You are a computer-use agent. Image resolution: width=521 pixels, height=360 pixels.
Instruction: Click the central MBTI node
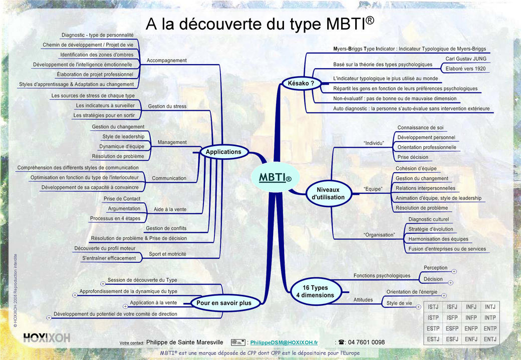tap(275, 177)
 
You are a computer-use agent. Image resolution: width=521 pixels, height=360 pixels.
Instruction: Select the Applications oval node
tap(223, 152)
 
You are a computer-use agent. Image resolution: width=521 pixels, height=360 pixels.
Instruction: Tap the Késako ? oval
tap(301, 83)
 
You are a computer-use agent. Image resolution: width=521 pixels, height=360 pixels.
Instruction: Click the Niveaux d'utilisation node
tap(328, 193)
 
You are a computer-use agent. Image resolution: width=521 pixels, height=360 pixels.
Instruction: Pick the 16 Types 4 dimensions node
tap(315, 291)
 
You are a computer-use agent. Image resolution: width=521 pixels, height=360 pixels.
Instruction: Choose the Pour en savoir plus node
tap(224, 302)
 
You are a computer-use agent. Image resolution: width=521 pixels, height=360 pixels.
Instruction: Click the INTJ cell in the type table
tap(490, 307)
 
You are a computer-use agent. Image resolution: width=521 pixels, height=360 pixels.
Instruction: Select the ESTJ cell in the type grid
tap(433, 339)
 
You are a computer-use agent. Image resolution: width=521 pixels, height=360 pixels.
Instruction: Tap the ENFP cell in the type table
tap(471, 328)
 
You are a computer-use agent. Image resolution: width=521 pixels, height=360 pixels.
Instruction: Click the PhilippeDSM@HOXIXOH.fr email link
tap(284, 342)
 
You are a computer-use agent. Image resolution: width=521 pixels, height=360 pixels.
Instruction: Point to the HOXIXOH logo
tap(47, 338)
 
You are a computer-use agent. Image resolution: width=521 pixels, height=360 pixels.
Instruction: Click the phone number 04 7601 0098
tap(366, 342)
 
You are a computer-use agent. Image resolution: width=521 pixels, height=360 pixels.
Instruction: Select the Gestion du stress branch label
tap(167, 106)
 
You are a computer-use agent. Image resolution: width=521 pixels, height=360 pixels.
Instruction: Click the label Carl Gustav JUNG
tap(466, 59)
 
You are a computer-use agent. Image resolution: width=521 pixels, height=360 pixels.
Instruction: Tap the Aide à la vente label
tap(170, 209)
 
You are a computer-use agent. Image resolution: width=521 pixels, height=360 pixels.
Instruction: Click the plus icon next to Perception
tap(454, 271)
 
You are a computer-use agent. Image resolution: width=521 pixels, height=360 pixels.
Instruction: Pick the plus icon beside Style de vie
tap(419, 306)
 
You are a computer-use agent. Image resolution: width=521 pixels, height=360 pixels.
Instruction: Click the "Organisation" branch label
tap(379, 235)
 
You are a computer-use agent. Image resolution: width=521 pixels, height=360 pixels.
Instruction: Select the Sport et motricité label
tap(167, 254)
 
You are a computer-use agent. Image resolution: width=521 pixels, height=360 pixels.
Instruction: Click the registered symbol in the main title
tap(370, 20)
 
